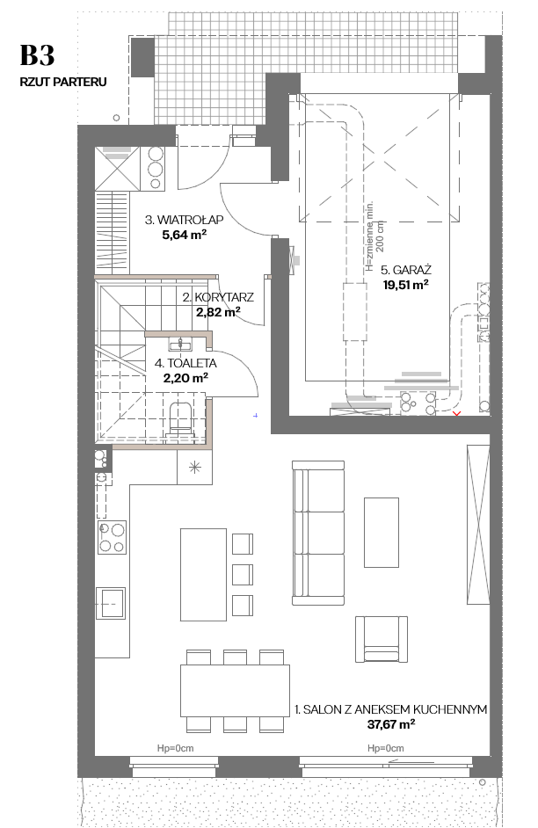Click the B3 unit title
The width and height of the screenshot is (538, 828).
pyautogui.click(x=38, y=55)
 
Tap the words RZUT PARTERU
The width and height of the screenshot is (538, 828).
pyautogui.click(x=63, y=82)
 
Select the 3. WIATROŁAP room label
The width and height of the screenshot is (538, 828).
pyautogui.click(x=185, y=220)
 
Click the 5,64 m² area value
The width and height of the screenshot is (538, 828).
pyautogui.click(x=185, y=235)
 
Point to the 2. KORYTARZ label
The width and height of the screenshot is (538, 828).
pyautogui.click(x=218, y=297)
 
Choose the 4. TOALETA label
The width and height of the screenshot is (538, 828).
pyautogui.click(x=185, y=363)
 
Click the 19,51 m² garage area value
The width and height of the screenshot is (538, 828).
pyautogui.click(x=405, y=285)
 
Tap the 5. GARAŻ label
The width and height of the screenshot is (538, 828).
pyautogui.click(x=406, y=270)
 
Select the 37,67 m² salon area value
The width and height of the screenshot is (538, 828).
pyautogui.click(x=390, y=724)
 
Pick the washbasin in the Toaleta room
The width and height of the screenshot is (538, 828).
pyautogui.click(x=180, y=345)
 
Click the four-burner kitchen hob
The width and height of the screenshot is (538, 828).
pyautogui.click(x=112, y=537)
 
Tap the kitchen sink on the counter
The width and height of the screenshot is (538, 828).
pyautogui.click(x=111, y=603)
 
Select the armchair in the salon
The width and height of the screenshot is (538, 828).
pyautogui.click(x=382, y=639)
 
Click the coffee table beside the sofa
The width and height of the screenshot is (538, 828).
pyautogui.click(x=382, y=533)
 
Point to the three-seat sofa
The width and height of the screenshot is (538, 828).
pyautogui.click(x=318, y=533)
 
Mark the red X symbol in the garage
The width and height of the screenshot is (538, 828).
pyautogui.click(x=457, y=413)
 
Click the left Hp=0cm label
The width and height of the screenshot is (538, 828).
pyautogui.click(x=175, y=748)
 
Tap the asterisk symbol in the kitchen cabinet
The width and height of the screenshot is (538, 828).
pyautogui.click(x=195, y=467)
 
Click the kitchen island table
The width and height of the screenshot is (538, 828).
pyautogui.click(x=203, y=575)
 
